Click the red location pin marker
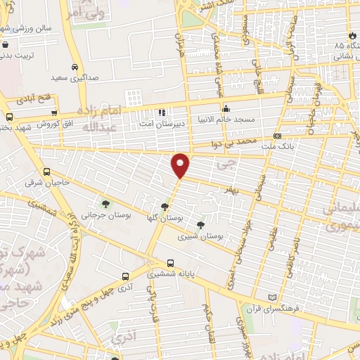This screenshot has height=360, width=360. (181, 165)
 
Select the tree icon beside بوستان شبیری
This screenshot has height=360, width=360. (201, 225)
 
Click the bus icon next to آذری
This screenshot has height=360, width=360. (125, 276)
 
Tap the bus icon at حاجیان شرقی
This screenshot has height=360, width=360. (46, 172)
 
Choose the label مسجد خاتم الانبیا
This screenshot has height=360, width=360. (227, 119)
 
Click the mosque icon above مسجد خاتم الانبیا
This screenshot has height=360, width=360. (226, 109)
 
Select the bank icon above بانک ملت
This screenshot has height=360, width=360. (278, 136)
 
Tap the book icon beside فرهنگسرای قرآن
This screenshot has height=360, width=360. (274, 298)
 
